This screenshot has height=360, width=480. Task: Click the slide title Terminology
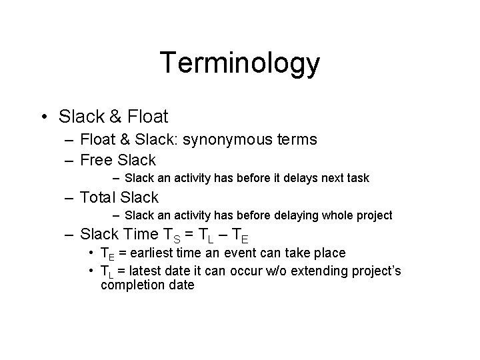[240, 63]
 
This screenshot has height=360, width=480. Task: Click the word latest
[147, 271]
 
